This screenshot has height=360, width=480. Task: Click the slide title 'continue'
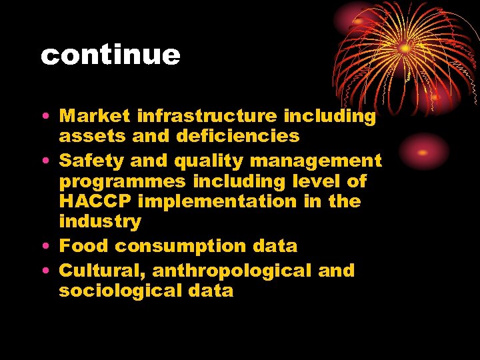[x=110, y=55]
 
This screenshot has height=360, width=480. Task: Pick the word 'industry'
[x=100, y=221]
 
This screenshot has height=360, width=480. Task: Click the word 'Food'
[x=85, y=246]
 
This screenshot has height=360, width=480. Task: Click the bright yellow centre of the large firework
[x=405, y=49]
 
